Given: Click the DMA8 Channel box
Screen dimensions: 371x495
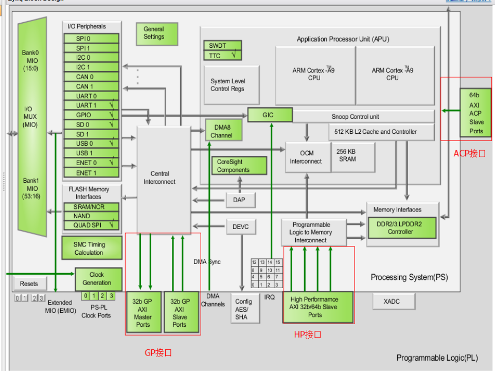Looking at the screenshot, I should (x=223, y=130).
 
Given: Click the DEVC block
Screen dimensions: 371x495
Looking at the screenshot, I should (x=240, y=226).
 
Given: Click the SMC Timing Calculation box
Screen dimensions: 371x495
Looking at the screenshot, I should (x=90, y=249).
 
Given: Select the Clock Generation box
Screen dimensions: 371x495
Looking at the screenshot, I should (x=98, y=279).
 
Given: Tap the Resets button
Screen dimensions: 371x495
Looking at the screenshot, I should (x=29, y=284).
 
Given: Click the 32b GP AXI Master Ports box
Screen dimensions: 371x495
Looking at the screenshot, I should (x=144, y=312).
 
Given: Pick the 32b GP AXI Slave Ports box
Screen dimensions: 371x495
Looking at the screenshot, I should (x=181, y=312).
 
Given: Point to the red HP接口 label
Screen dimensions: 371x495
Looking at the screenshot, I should (x=307, y=334).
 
